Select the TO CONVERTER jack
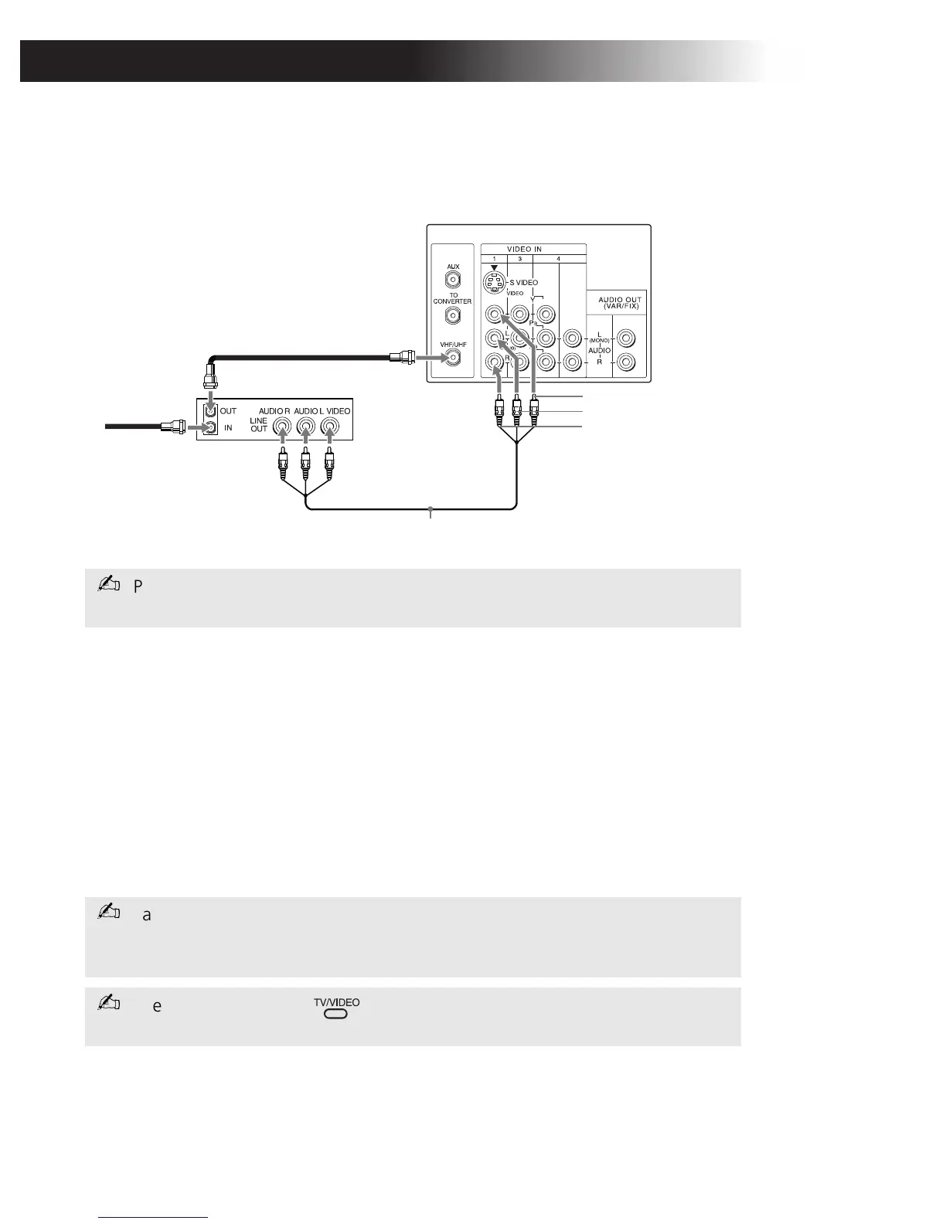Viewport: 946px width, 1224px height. (x=453, y=315)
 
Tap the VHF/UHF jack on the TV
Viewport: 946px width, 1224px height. (x=453, y=357)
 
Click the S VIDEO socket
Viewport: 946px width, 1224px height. (x=494, y=283)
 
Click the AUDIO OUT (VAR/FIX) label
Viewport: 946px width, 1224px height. (x=620, y=302)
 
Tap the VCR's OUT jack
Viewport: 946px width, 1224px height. (x=209, y=412)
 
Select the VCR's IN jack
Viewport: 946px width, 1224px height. (x=209, y=427)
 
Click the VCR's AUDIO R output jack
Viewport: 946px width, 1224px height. (x=283, y=427)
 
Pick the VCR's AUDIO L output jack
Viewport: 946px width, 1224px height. (x=306, y=427)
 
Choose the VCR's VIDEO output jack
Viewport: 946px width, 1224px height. (x=330, y=427)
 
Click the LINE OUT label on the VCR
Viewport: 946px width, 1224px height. (x=259, y=425)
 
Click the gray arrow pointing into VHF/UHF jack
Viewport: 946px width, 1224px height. (x=431, y=357)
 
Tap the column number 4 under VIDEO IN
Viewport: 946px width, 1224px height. (x=558, y=258)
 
